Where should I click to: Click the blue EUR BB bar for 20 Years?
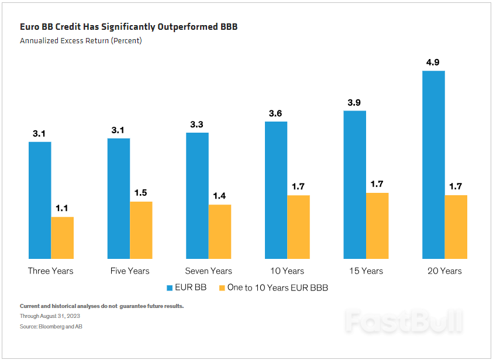433,165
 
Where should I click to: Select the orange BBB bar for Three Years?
63,238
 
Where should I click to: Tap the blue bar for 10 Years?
276,190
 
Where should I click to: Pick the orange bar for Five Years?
141,230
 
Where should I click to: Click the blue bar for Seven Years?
197,196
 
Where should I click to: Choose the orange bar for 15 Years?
377,226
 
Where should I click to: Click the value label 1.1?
63,208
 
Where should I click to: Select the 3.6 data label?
276,113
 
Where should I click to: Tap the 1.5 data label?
141,193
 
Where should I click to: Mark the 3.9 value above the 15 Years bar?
354,102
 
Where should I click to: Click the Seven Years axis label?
208,271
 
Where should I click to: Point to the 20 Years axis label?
444,271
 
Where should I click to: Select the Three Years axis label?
51,271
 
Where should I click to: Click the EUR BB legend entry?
188,288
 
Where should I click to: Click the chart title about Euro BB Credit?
129,27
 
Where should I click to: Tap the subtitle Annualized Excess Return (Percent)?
81,41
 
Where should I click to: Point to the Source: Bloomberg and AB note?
51,327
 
